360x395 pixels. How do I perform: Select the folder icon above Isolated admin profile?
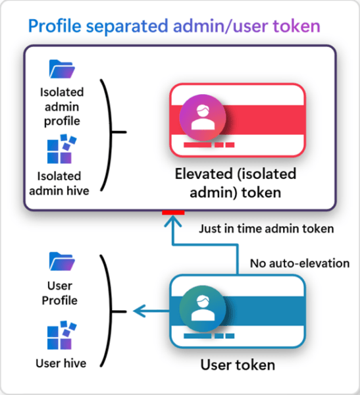(x=63, y=69)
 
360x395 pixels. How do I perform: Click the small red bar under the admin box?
(x=173, y=213)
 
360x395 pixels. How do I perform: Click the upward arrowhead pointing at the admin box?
(x=173, y=223)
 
